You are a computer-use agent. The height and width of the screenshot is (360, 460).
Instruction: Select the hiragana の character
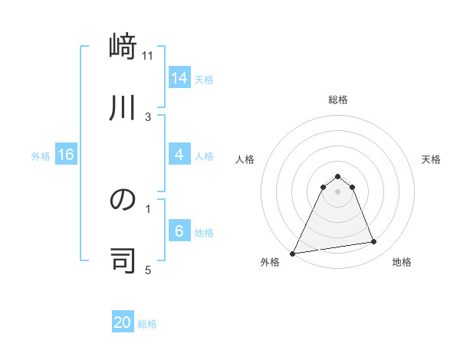123,200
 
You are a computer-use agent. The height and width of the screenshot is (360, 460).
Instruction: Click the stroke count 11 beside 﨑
148,56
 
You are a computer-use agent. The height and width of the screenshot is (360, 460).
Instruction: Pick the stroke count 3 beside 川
148,116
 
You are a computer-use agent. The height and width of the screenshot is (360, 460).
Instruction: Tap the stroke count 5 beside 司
148,270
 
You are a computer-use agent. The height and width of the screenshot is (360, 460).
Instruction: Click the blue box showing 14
179,78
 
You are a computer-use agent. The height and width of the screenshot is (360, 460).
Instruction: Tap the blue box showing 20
123,322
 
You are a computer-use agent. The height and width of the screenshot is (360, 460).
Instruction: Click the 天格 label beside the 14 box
204,79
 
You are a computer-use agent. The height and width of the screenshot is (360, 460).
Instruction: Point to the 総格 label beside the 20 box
147,324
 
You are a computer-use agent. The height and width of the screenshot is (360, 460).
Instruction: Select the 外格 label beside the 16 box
41,156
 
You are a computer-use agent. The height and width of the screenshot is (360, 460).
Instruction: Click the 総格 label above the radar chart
337,100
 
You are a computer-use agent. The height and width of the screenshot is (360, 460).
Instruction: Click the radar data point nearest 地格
374,242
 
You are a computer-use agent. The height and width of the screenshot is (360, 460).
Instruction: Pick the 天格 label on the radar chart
431,159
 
